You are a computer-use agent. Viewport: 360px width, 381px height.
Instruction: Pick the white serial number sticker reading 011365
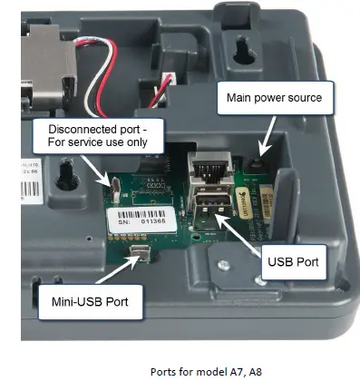(x=140, y=218)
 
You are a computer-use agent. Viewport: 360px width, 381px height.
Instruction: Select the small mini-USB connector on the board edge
(x=140, y=251)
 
